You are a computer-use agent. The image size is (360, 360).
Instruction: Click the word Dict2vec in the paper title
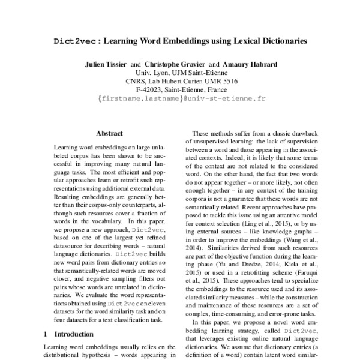[74, 41]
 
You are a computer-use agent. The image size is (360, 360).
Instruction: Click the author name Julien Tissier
[106, 64]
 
